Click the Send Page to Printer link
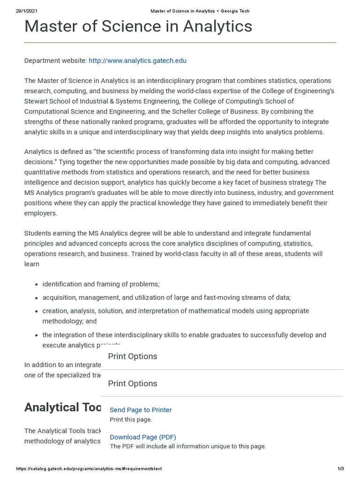point(141,410)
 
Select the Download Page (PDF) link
point(143,437)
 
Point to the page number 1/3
point(341,469)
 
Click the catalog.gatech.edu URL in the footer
point(89,469)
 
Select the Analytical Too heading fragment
point(63,407)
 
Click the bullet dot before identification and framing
point(37,285)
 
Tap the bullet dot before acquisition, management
point(37,298)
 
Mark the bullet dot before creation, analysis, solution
point(37,311)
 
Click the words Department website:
point(55,60)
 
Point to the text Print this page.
point(131,420)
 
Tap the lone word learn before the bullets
point(31,264)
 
